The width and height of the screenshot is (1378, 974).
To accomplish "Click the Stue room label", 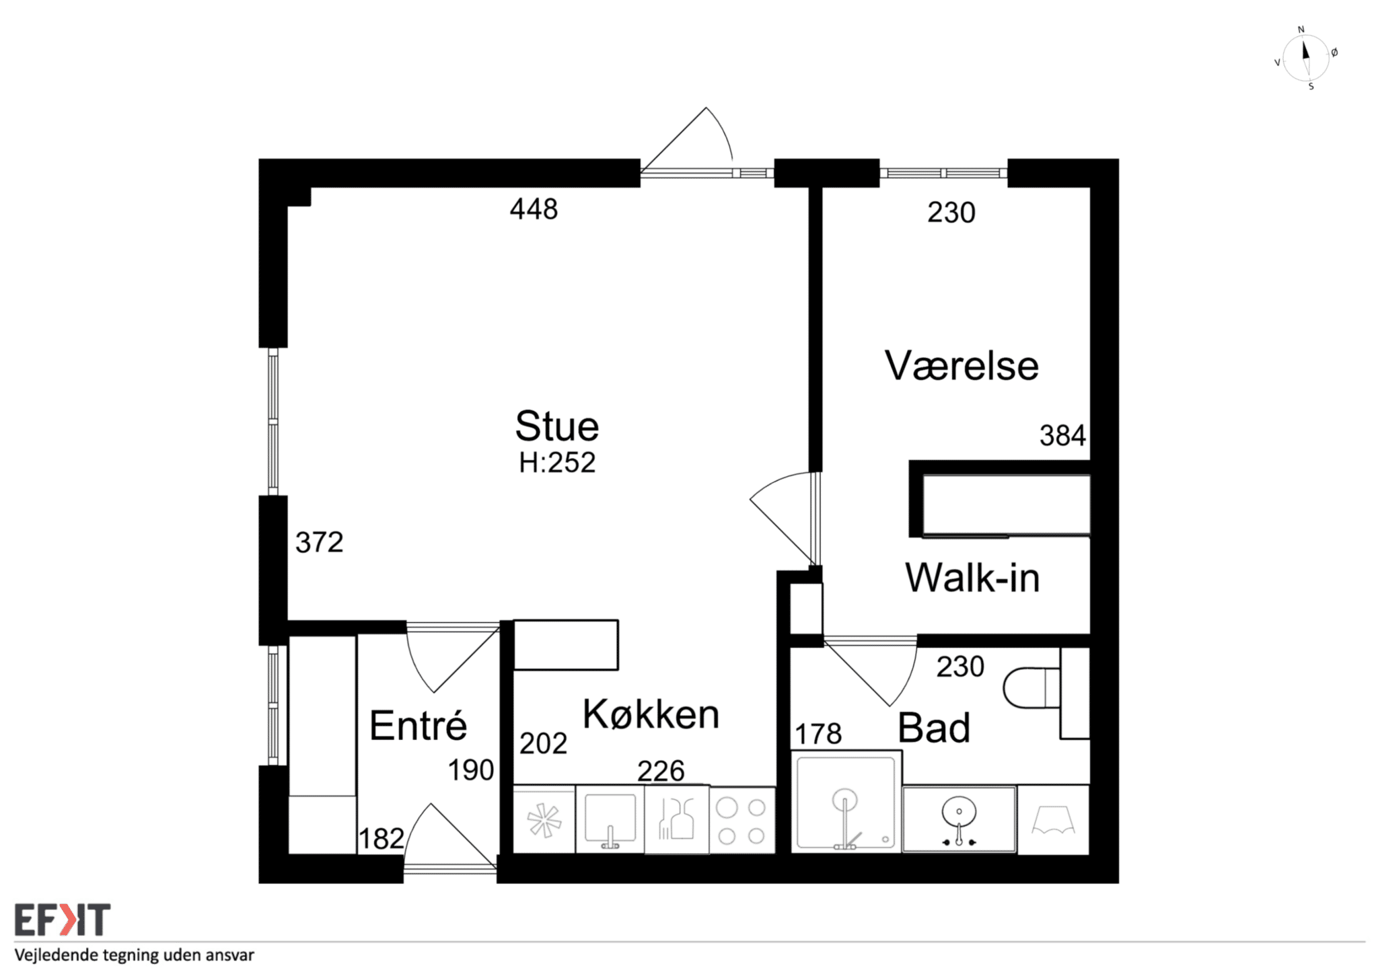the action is pos(557,426).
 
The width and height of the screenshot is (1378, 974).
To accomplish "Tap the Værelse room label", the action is pos(962,366).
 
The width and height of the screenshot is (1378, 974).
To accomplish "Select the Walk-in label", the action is pos(972,577).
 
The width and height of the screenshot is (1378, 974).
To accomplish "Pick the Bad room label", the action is pos(934,727).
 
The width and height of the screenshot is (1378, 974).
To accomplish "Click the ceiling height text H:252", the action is pos(557,463).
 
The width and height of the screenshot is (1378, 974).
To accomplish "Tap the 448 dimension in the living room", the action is pos(534,209).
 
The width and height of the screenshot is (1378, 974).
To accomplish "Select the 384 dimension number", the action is pos(1062,436).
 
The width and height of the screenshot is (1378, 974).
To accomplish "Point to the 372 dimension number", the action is pos(319,542).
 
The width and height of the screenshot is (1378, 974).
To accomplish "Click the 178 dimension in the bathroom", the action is pos(818,734).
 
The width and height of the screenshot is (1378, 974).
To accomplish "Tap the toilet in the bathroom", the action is pos(1031,687).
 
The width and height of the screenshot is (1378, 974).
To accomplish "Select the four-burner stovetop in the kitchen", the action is pos(741,821).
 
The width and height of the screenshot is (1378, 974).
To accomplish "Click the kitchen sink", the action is pos(610,819).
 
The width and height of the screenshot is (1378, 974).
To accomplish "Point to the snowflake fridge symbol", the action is pos(544,821).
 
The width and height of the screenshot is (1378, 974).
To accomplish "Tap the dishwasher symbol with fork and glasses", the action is pos(676,819).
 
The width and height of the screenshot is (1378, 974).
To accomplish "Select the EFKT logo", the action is pos(63,920).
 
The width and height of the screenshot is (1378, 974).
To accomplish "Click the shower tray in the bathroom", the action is pos(846,802).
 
